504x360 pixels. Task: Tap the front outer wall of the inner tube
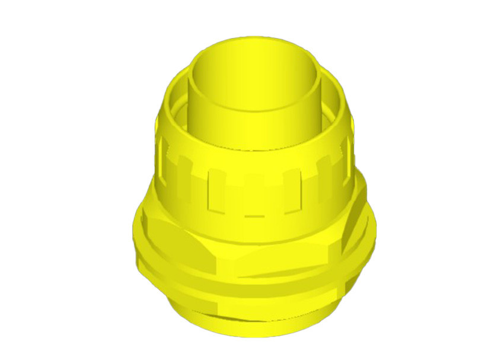click(x=256, y=128)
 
